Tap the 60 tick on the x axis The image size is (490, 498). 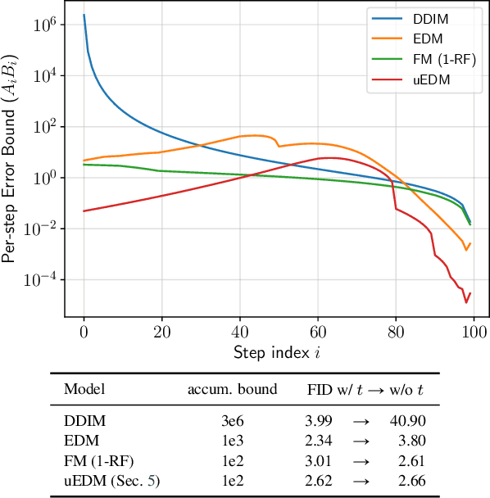pos(317,335)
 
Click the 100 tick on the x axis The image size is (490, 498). pos(474,335)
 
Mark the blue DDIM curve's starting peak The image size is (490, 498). pos(84,15)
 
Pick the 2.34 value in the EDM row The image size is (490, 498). pos(319,440)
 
